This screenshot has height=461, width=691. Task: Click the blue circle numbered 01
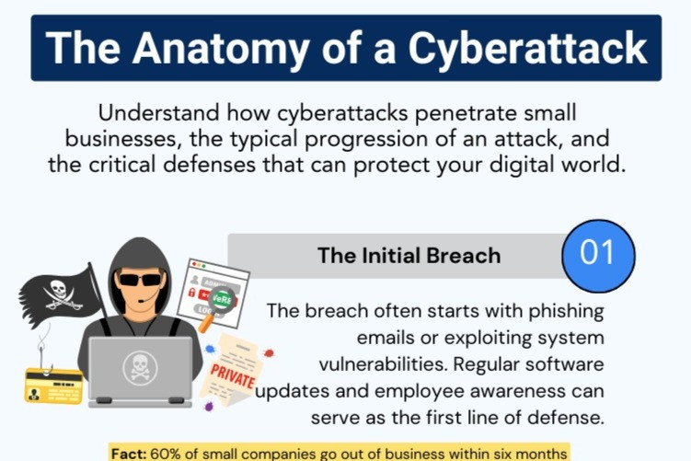598,253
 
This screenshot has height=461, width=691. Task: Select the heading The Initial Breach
409,255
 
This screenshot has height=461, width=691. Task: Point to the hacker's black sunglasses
141,279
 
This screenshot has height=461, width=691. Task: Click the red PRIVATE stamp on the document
233,375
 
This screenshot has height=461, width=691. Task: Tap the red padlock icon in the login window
193,292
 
